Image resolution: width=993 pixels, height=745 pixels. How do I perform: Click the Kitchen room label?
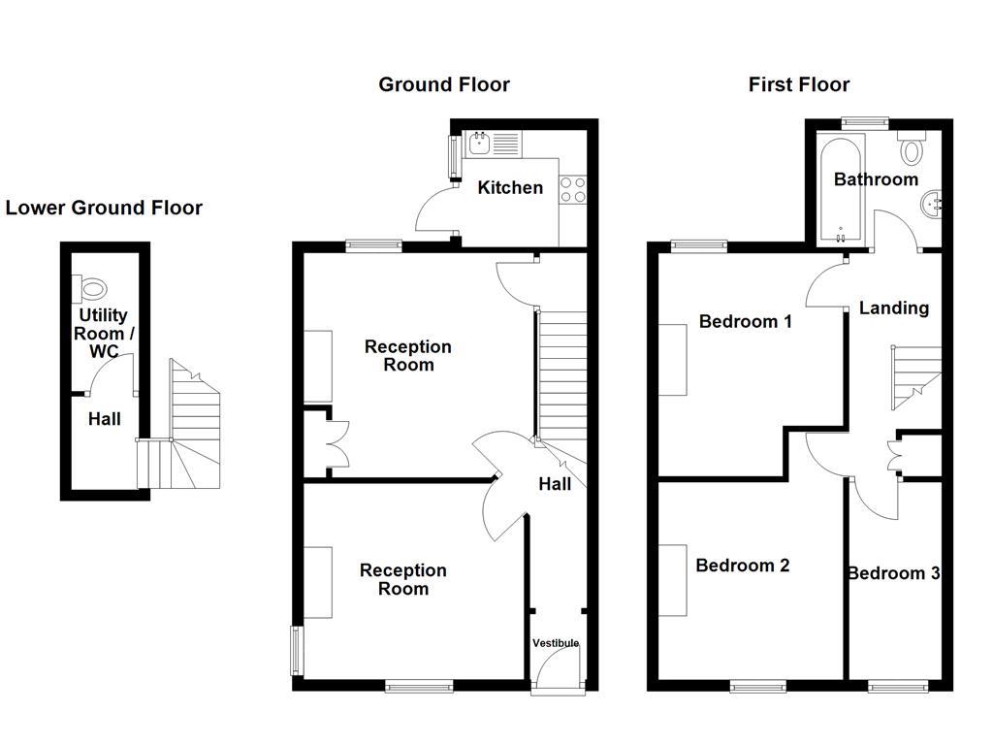click(x=510, y=187)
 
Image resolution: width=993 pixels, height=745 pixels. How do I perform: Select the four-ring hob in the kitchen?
click(x=573, y=189)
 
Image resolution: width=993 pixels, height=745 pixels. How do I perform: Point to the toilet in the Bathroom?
click(x=912, y=149)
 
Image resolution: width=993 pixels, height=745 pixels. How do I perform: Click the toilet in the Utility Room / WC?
click(x=92, y=287)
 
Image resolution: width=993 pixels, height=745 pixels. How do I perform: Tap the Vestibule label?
click(x=556, y=643)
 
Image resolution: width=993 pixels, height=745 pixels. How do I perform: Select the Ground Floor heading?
click(x=443, y=84)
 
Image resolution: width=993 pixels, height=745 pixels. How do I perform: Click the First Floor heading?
click(x=798, y=84)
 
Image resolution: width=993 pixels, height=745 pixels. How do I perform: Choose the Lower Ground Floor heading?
click(x=104, y=208)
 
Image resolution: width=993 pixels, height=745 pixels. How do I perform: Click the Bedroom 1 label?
click(x=745, y=321)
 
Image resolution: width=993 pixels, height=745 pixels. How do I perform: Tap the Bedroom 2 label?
click(x=742, y=566)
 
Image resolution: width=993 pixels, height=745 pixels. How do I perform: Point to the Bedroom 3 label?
click(x=892, y=573)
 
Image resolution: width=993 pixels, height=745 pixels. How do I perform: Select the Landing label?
click(x=893, y=308)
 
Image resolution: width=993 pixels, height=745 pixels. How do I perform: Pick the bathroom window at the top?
click(x=864, y=122)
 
